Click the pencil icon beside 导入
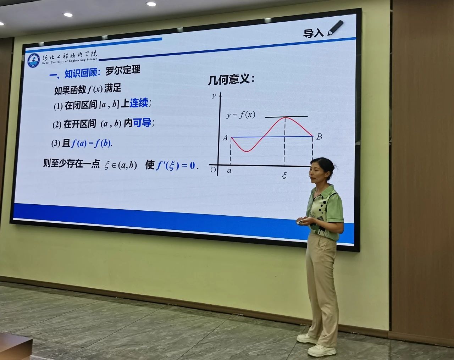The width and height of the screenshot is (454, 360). click(x=335, y=28)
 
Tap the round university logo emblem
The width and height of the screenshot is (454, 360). click(x=34, y=61)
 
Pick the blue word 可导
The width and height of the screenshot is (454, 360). click(x=142, y=123)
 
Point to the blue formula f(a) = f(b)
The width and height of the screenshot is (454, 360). click(x=91, y=144)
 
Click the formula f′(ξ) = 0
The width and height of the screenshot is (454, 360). click(x=176, y=165)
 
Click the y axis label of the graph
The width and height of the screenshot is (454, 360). click(x=214, y=96)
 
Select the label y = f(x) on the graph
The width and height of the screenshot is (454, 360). click(x=241, y=115)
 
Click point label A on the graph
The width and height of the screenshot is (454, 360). click(x=225, y=138)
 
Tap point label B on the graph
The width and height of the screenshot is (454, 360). click(x=319, y=137)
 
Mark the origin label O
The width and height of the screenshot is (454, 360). click(x=213, y=170)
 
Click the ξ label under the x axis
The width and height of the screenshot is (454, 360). click(x=284, y=175)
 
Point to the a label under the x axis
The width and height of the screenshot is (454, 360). click(x=229, y=171)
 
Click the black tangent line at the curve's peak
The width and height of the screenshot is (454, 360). click(x=286, y=116)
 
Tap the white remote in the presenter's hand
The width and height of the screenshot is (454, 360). click(x=301, y=222)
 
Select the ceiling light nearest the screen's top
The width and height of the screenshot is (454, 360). click(x=151, y=4)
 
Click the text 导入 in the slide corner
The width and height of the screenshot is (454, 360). click(x=313, y=33)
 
